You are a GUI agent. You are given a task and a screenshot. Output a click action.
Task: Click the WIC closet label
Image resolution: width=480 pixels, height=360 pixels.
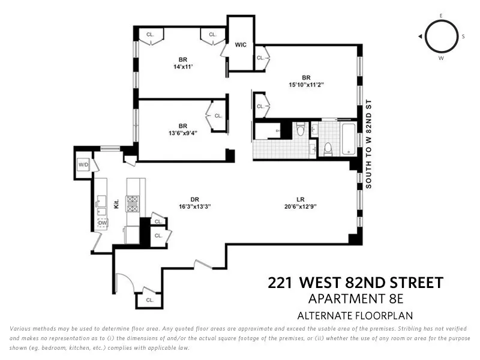pyautogui.click(x=241, y=45)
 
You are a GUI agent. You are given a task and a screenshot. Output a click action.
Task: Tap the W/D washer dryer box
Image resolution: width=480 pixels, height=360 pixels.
pyautogui.click(x=83, y=164)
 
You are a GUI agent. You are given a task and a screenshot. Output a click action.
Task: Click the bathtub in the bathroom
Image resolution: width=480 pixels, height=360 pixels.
pyautogui.click(x=349, y=140)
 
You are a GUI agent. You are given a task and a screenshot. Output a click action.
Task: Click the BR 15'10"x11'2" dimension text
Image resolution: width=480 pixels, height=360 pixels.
pyautogui.click(x=306, y=85)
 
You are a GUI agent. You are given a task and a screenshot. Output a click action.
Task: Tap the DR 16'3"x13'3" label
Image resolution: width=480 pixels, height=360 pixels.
pyautogui.click(x=194, y=203)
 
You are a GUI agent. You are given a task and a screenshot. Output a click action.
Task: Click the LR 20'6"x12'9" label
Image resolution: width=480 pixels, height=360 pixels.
pyautogui.click(x=300, y=203)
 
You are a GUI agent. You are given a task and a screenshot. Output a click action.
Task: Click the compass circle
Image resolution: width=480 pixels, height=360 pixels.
pyautogui.click(x=441, y=37)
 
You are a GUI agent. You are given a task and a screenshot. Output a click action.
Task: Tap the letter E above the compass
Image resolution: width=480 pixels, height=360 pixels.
pyautogui.click(x=441, y=15)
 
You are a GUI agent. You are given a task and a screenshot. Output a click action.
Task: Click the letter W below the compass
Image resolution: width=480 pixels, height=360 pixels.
pyautogui.click(x=441, y=59)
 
